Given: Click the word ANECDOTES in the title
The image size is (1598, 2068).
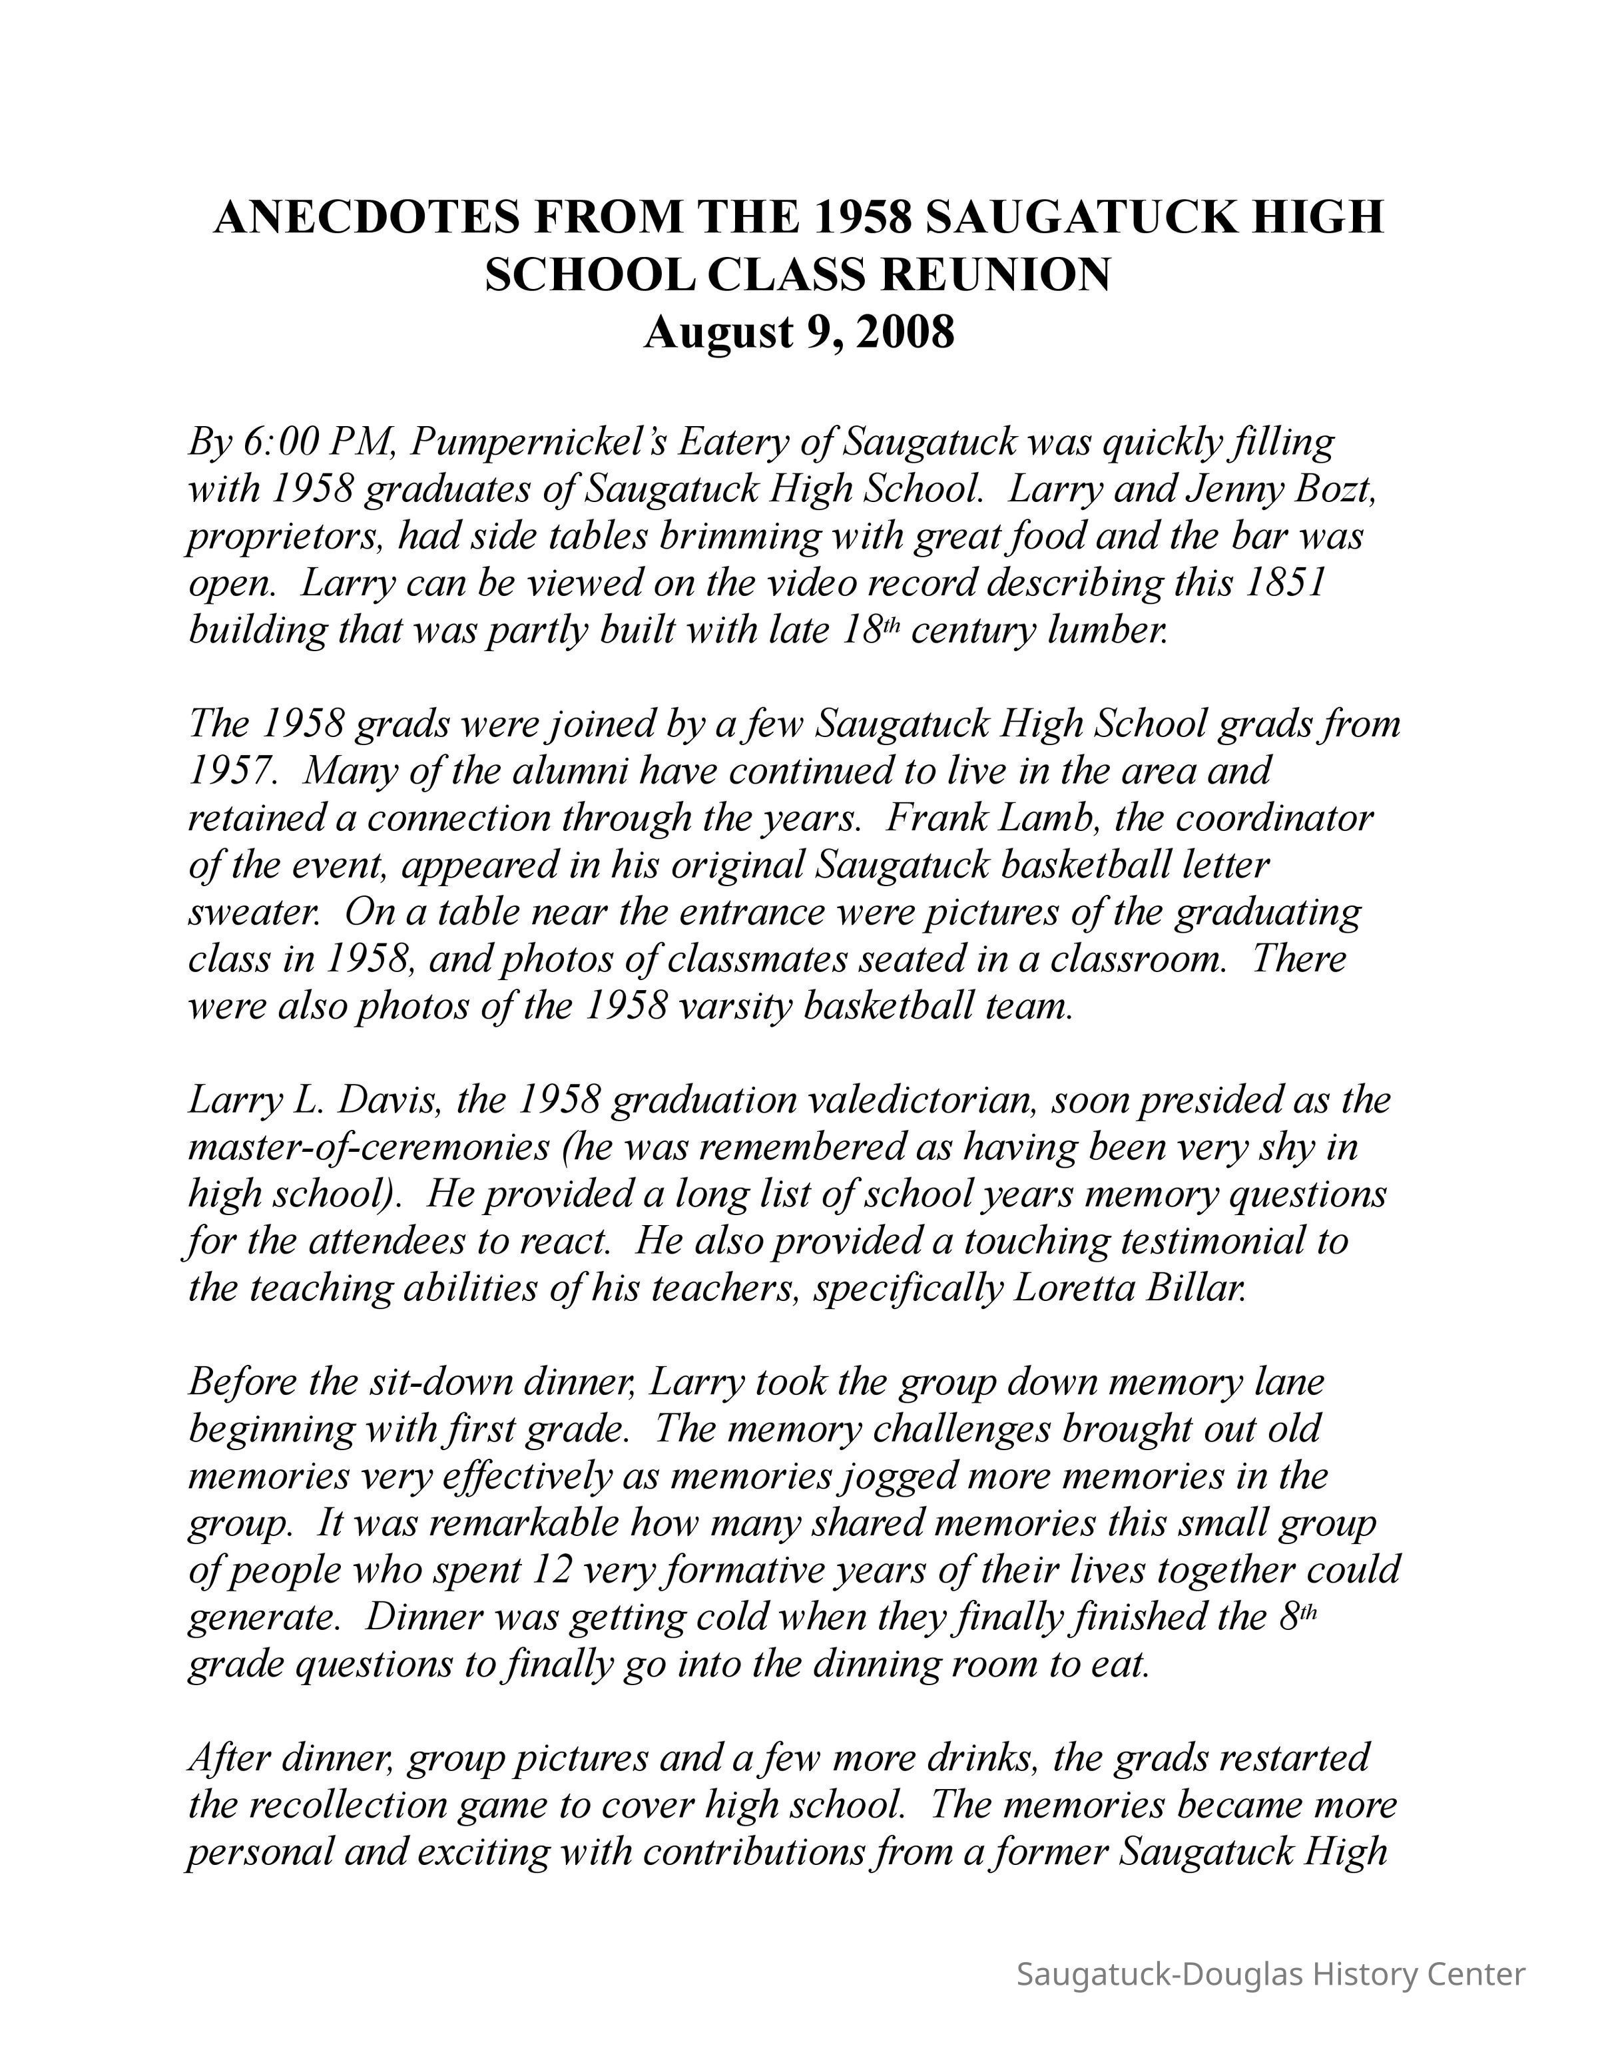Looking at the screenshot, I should click(x=366, y=218).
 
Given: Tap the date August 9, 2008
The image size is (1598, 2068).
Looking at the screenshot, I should click(x=799, y=332).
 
